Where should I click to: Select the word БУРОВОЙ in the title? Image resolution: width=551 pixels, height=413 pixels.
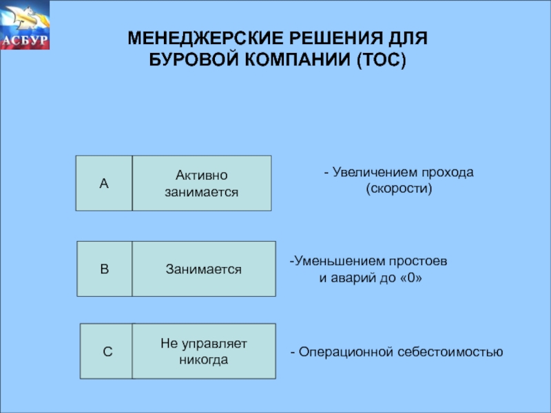pos(190,60)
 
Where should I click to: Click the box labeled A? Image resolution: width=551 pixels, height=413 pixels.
pos(104,183)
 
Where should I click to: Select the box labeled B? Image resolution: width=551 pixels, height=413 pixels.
pos(104,268)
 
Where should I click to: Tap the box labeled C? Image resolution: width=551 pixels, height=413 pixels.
pos(107,351)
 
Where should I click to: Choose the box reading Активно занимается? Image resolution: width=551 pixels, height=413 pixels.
pos(202,183)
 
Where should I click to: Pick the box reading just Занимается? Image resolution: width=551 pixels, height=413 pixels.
pos(203,268)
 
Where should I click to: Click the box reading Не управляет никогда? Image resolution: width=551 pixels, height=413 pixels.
pos(204,351)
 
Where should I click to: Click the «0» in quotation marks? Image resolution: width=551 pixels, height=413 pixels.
pos(409,279)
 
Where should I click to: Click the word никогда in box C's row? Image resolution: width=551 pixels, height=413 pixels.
pos(204,359)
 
